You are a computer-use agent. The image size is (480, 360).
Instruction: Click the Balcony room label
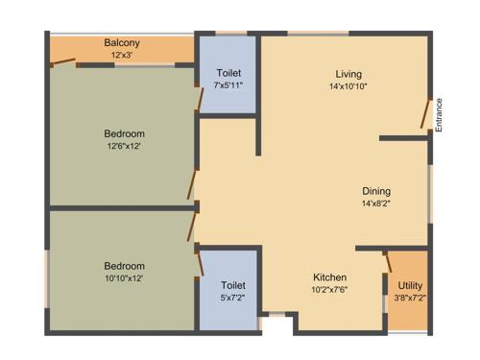pyautogui.click(x=122, y=43)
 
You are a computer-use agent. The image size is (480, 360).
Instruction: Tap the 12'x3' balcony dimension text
pyautogui.click(x=122, y=56)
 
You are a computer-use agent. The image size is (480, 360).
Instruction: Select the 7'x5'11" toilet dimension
pyautogui.click(x=228, y=85)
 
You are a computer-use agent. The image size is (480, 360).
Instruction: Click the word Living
pyautogui.click(x=348, y=74)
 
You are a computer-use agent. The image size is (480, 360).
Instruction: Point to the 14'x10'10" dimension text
pyautogui.click(x=348, y=86)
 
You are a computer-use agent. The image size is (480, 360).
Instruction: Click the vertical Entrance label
pyautogui.click(x=439, y=115)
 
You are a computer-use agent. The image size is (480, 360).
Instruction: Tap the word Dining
pyautogui.click(x=376, y=190)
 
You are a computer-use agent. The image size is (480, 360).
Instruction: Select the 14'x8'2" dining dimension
pyautogui.click(x=376, y=204)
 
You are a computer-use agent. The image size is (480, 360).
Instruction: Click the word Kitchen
pyautogui.click(x=329, y=276)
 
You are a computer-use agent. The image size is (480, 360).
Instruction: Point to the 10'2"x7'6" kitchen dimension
pyautogui.click(x=329, y=289)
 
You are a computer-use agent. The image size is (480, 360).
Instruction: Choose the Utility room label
pyautogui.click(x=410, y=286)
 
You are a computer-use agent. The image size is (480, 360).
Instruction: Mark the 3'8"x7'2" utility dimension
pyautogui.click(x=410, y=299)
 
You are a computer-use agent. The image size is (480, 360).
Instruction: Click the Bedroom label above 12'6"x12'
pyautogui.click(x=125, y=133)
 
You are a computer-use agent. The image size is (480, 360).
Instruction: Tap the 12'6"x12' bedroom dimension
pyautogui.click(x=125, y=146)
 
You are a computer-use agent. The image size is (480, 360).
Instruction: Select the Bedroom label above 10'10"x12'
pyautogui.click(x=125, y=266)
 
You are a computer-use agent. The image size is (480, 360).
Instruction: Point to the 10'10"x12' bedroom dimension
pyautogui.click(x=125, y=278)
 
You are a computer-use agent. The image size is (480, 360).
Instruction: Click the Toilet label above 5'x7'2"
pyautogui.click(x=233, y=285)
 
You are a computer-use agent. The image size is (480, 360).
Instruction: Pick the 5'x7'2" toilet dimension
pyautogui.click(x=233, y=298)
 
